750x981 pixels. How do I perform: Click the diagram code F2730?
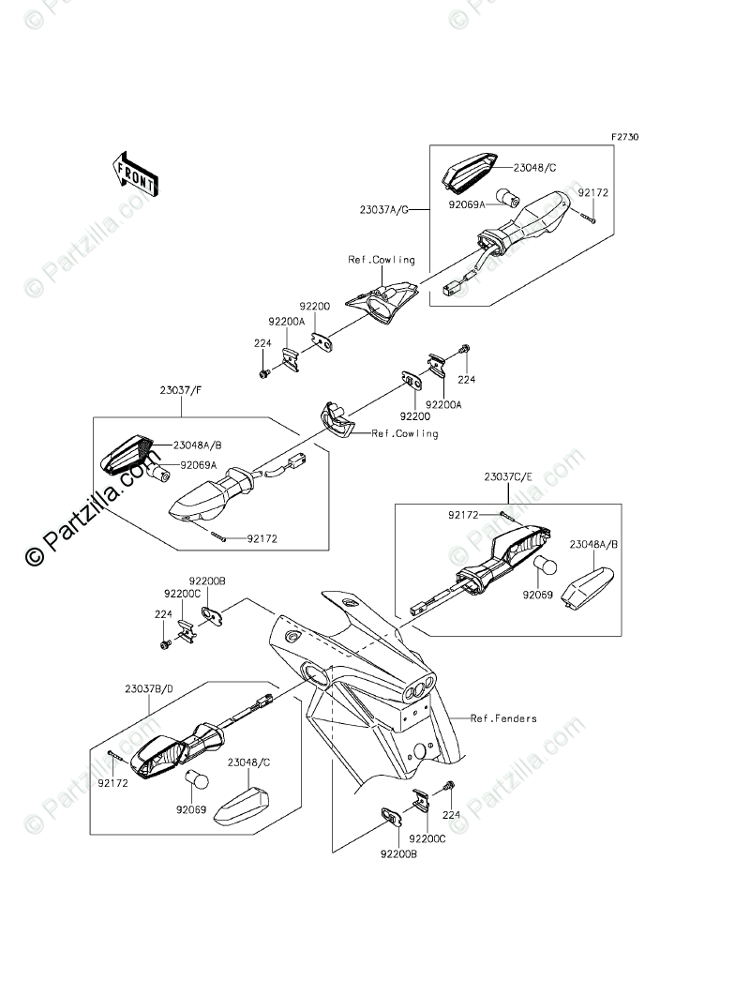[x=625, y=137]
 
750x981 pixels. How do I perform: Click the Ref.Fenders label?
[x=503, y=718]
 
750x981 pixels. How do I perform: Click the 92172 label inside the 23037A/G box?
[x=592, y=192]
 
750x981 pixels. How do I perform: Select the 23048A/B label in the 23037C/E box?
[x=594, y=543]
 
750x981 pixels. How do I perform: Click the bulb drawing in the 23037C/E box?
[x=546, y=566]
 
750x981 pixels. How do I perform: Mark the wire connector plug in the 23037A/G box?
[x=456, y=285]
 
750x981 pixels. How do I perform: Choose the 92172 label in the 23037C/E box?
[x=464, y=515]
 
